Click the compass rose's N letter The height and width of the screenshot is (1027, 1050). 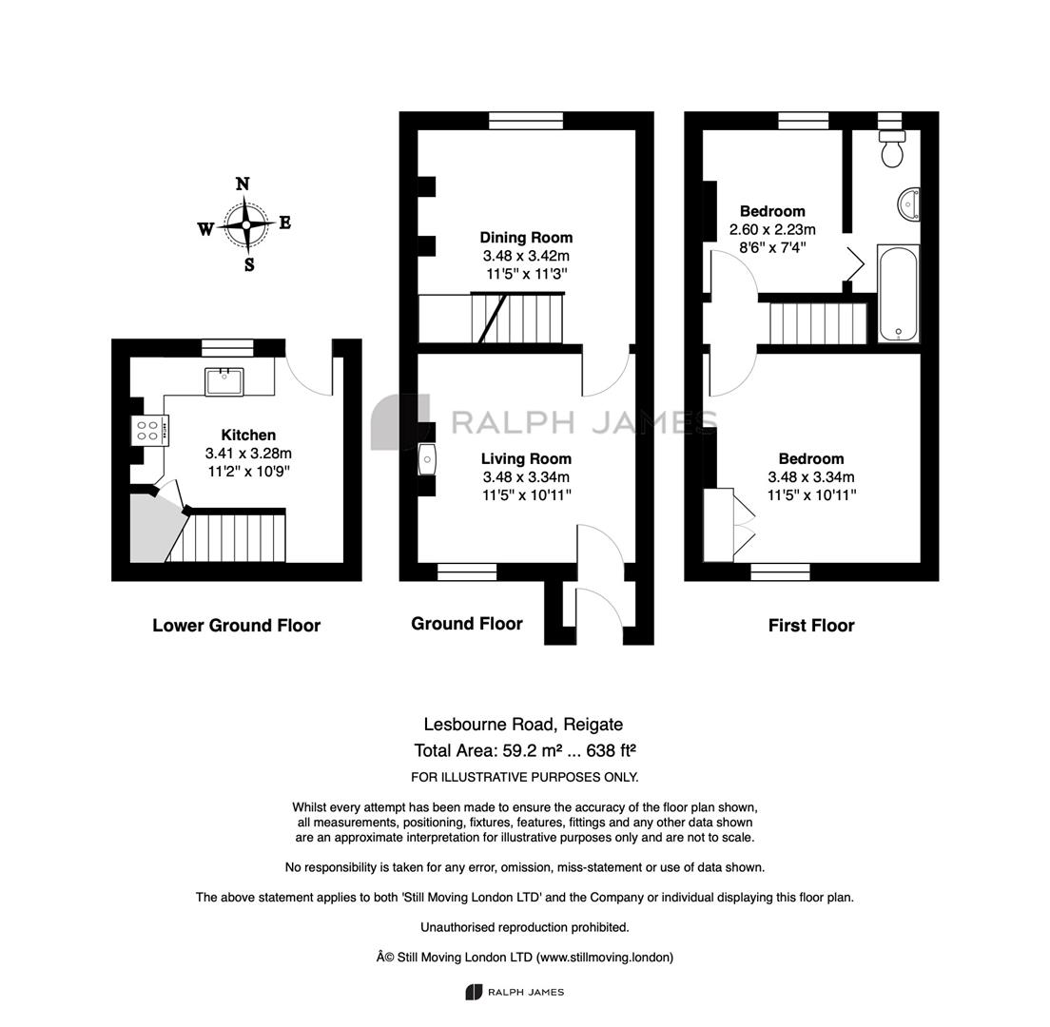click(243, 184)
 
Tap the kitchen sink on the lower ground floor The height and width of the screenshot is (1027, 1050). click(224, 381)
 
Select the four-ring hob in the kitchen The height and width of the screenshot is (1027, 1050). click(148, 431)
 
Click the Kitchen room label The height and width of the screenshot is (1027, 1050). click(248, 436)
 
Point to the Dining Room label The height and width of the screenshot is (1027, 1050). click(526, 238)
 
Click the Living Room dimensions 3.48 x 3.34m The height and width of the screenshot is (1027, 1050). click(526, 477)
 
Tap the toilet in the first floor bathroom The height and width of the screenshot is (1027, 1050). click(892, 147)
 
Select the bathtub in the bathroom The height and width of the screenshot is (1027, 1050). click(899, 293)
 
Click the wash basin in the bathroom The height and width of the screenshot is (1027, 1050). click(909, 203)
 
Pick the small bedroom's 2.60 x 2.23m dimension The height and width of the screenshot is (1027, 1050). click(773, 229)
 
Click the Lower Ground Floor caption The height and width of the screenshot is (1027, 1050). click(237, 626)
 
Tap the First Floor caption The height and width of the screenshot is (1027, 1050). click(811, 626)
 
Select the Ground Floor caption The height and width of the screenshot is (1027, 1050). click(467, 624)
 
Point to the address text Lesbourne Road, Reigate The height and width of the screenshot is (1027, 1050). click(524, 725)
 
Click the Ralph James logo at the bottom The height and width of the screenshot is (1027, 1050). click(515, 992)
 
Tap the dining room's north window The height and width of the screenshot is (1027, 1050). click(526, 121)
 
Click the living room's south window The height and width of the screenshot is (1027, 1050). click(467, 572)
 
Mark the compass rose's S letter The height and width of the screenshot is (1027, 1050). click(249, 264)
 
